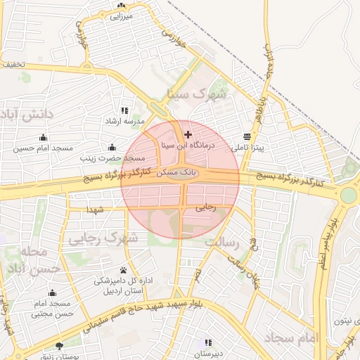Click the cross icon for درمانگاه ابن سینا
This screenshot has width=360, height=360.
pyautogui.click(x=187, y=134)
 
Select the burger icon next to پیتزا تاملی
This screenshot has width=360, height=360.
pyautogui.click(x=246, y=136)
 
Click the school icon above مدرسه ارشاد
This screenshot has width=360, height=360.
pyautogui.click(x=124, y=110)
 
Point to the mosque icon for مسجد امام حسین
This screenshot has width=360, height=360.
pyautogui.click(x=44, y=137)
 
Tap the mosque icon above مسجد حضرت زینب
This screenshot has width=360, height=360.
pyautogui.click(x=112, y=147)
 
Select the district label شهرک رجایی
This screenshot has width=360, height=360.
pyautogui.click(x=102, y=239)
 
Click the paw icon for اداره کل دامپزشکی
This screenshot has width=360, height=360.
pyautogui.click(x=124, y=270)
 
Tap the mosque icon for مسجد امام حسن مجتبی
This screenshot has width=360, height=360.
pyautogui.click(x=52, y=292)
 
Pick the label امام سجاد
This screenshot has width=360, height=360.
pyautogui.click(x=292, y=338)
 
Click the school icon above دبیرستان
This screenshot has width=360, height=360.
pyautogui.click(x=207, y=341)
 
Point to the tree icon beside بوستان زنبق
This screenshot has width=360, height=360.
pyautogui.click(x=59, y=346)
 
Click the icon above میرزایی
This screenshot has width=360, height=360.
pyautogui.click(x=122, y=6)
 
